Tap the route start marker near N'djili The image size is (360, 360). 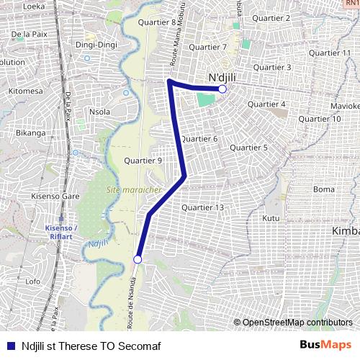pos(222,89)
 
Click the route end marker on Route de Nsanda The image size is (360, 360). pos(138,259)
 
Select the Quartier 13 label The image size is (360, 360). pos(203,207)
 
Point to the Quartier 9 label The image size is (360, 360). pos(143,161)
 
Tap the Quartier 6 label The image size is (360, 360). pos(199,139)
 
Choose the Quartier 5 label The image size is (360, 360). pos(248,148)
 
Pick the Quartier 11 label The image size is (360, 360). pos(329,53)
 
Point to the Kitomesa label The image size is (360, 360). pos(25,91)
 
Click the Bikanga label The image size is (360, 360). pos(31,133)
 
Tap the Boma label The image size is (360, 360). pos(324,189)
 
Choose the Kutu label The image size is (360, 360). pos(271,217)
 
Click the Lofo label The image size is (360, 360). pos(33,282)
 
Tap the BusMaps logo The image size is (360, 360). pos(325,345)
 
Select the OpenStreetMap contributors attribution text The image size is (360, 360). pos(297,323)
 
